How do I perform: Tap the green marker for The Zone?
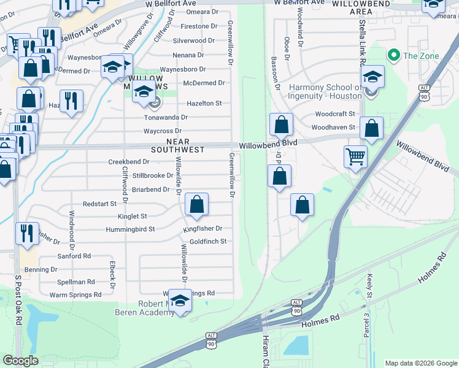pyautogui.click(x=393, y=56)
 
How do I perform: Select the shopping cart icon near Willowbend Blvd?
pyautogui.click(x=355, y=157)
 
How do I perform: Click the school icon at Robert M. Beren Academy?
pyautogui.click(x=180, y=301)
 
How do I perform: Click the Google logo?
pyautogui.click(x=21, y=360)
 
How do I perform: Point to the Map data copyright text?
pyautogui.click(x=420, y=363)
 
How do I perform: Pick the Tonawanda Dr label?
pyautogui.click(x=166, y=117)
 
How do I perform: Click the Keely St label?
pyautogui.click(x=369, y=287)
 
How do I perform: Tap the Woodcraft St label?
pyautogui.click(x=335, y=114)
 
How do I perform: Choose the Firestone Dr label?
pyautogui.click(x=200, y=26)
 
